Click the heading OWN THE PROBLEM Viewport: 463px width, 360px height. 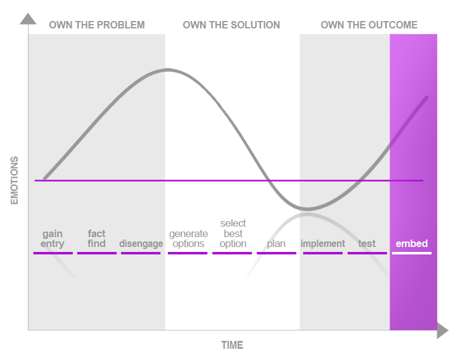(x=97, y=25)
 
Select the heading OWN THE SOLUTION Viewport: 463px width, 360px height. (x=231, y=25)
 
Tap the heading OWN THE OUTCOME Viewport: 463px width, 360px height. (x=369, y=25)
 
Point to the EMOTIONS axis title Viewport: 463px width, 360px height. (x=14, y=180)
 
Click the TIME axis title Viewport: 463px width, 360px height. (x=232, y=345)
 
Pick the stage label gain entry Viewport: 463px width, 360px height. (x=52, y=238)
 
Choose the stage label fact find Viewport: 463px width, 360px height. (x=96, y=238)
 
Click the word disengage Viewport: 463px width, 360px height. (x=141, y=244)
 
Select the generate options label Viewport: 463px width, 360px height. (x=188, y=238)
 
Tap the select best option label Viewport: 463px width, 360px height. (x=233, y=233)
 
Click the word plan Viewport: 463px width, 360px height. (x=276, y=244)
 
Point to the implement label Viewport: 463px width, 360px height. (x=323, y=244)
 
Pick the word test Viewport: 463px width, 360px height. (x=367, y=244)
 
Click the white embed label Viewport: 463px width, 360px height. (x=412, y=244)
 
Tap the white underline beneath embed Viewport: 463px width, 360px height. (x=412, y=253)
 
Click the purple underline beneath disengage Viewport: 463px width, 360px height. (x=141, y=253)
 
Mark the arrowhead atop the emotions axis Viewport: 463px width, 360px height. (x=28, y=19)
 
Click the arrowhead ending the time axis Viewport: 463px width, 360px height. (x=443, y=330)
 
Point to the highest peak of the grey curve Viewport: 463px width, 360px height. (x=168, y=70)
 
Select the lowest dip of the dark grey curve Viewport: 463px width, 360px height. (x=306, y=209)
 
